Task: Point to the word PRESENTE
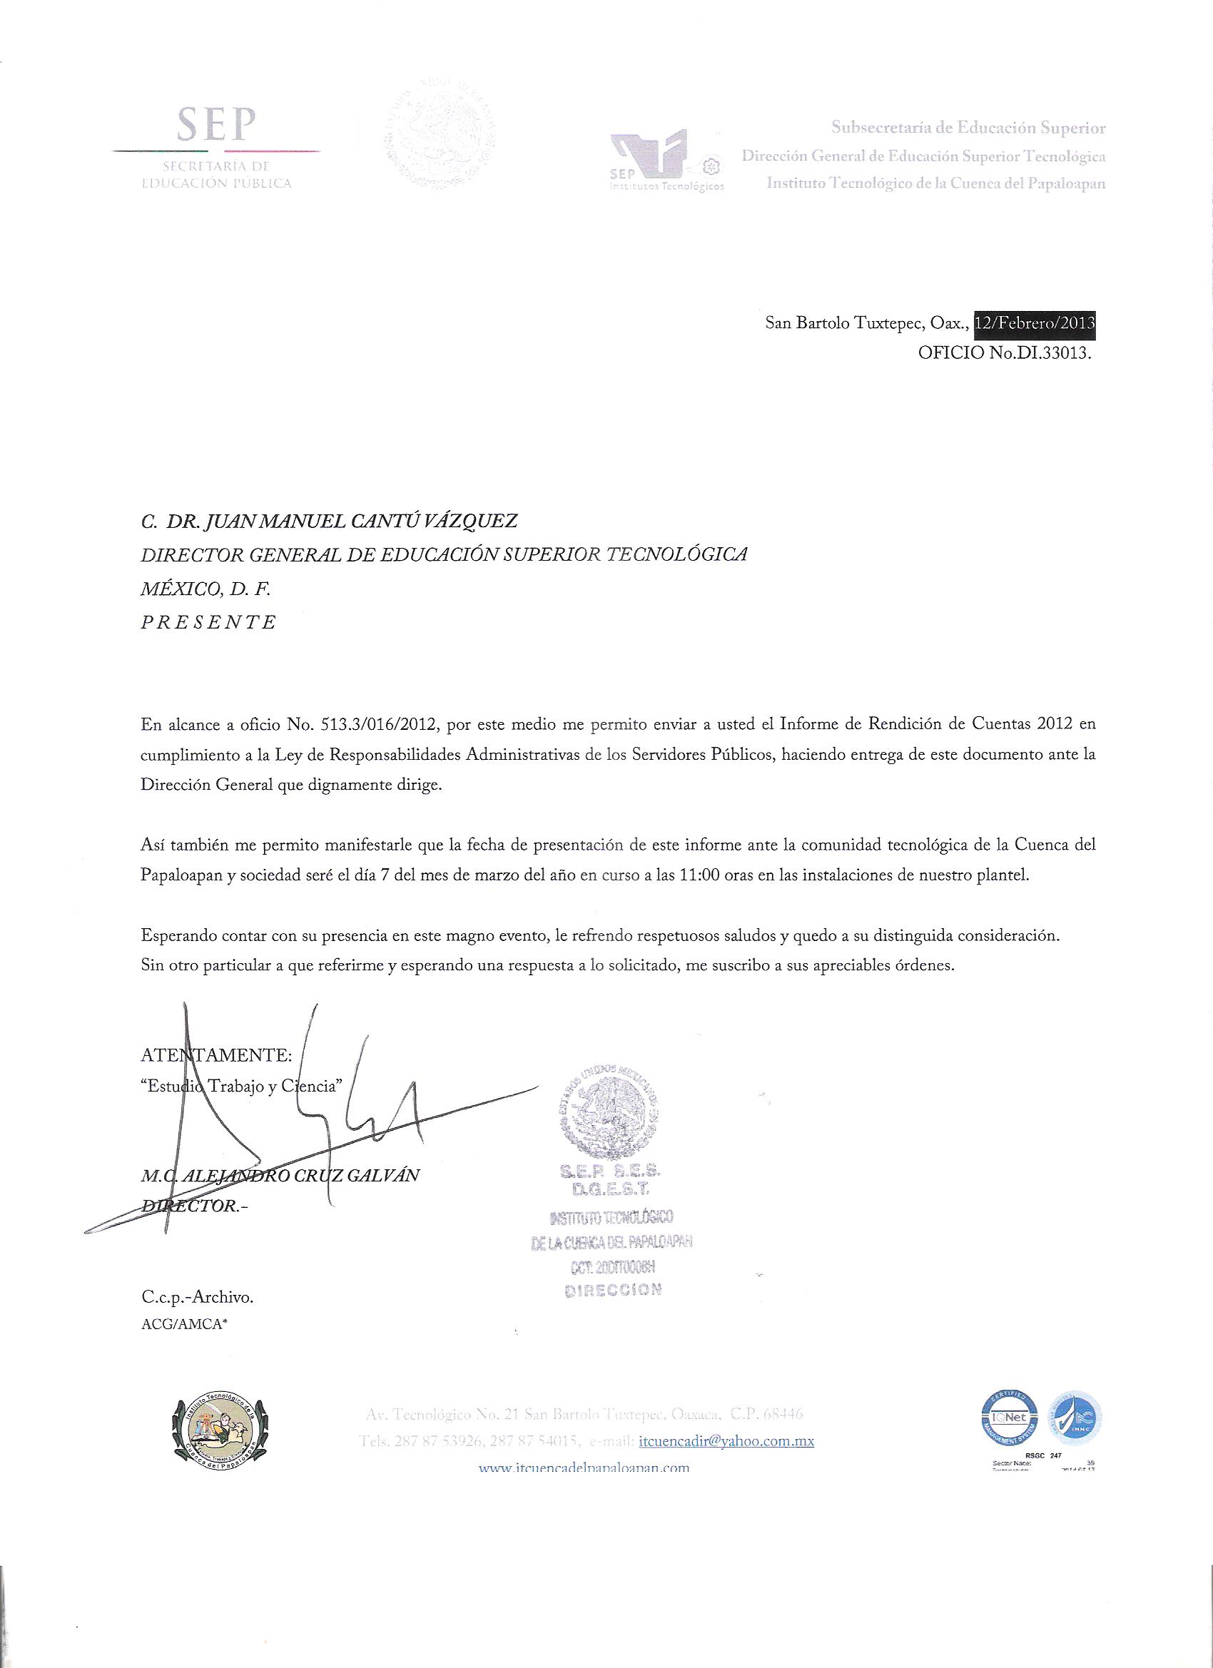pos(209,622)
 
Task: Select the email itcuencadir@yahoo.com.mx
pos(727,1440)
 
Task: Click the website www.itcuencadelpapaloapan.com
pos(584,1468)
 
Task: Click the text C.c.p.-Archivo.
pos(197,1298)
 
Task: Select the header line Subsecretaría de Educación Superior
pos(968,128)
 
